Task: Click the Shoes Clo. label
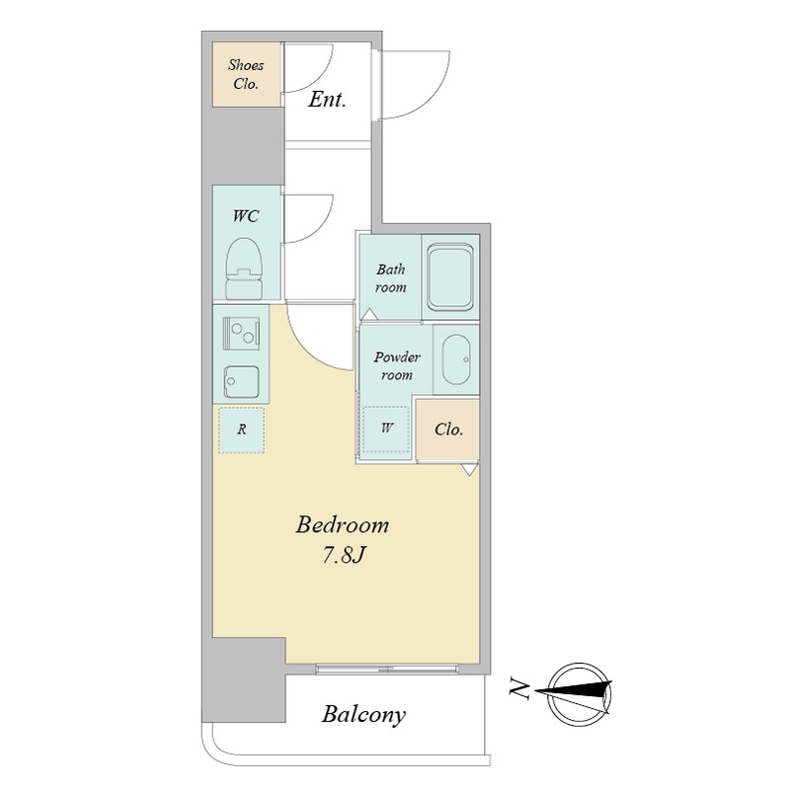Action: (246, 74)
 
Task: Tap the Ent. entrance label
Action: (327, 100)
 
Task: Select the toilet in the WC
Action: (243, 269)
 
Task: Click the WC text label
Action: (245, 216)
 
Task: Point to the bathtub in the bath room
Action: (450, 277)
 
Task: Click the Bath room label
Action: (390, 278)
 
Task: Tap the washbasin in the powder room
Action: (455, 359)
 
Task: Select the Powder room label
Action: (397, 365)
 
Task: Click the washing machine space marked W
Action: (386, 429)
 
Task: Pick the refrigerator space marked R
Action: (241, 430)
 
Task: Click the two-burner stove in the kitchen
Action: (241, 333)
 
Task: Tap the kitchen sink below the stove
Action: (241, 382)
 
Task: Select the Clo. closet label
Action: (448, 430)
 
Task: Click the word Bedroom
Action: (342, 525)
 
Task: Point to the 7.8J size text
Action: (343, 556)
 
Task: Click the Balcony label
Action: (363, 714)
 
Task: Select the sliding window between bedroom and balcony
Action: (387, 669)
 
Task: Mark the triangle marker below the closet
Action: (470, 470)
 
